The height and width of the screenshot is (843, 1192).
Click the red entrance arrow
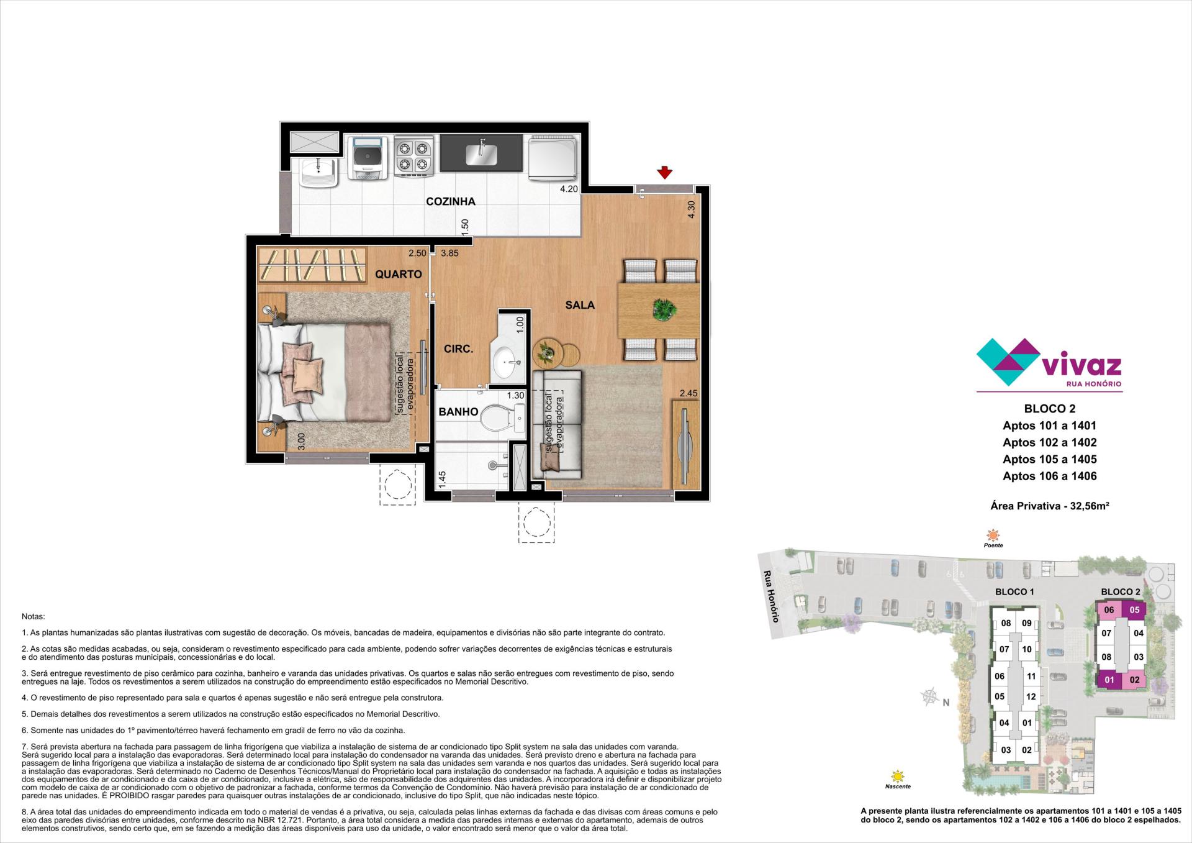pos(665,172)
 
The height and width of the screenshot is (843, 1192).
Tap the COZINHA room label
pos(451,201)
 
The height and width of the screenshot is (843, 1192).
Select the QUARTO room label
pos(398,274)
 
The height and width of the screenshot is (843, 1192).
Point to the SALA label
pos(580,305)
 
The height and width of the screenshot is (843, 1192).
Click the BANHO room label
pos(458,412)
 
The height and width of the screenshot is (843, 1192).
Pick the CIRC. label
pos(459,349)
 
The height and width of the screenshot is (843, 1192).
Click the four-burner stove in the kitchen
pos(413,157)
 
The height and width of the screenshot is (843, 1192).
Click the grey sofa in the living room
pos(556,424)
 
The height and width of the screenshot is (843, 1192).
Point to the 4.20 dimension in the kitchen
pos(569,189)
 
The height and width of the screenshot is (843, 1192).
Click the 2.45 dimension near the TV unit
pos(689,393)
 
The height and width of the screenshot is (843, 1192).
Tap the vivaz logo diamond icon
pos(1008,362)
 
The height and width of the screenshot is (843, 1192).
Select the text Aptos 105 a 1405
pos(1049,459)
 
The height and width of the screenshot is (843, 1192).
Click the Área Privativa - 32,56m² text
pos(1050,506)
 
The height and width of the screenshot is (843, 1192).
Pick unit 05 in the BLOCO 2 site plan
pos(1134,609)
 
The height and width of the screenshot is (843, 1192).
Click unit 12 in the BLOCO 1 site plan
pos(1031,696)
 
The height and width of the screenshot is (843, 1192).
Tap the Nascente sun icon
pos(896,776)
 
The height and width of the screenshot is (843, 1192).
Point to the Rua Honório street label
pos(770,596)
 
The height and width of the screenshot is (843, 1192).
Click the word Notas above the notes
pos(34,617)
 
